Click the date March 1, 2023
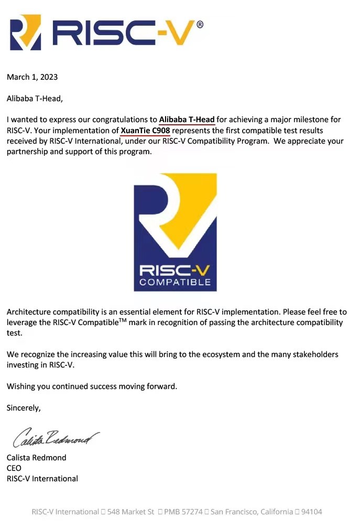point(32,77)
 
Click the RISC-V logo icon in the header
point(25,33)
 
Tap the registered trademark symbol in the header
point(200,24)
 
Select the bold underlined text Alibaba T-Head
point(187,119)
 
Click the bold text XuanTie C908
point(145,130)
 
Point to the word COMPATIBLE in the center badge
point(175,282)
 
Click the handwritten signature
point(56,436)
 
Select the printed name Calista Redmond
point(36,457)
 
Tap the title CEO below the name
point(14,468)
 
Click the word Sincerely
point(23,407)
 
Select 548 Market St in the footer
point(130,511)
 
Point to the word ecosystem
point(232,354)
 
